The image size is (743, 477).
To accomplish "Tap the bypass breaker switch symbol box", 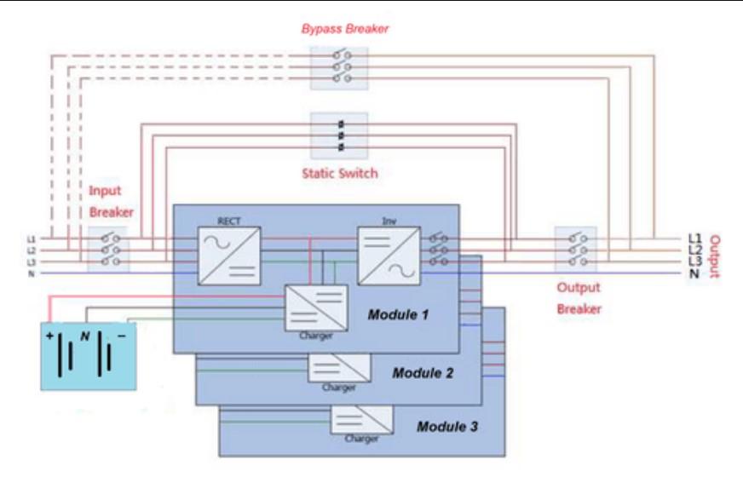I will click(339, 66).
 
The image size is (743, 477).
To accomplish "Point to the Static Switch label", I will click(339, 174).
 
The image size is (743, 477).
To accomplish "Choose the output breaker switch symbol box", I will click(575, 250).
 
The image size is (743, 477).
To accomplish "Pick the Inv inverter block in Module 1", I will click(388, 254).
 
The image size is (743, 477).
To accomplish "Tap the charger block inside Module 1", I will click(315, 307).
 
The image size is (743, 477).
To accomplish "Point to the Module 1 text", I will click(399, 315).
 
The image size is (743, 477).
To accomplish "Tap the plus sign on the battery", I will click(49, 337).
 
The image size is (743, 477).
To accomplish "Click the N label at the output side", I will click(694, 273).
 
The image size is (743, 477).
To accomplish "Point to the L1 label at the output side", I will click(694, 238).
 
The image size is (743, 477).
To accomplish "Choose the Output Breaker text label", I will click(579, 298).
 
